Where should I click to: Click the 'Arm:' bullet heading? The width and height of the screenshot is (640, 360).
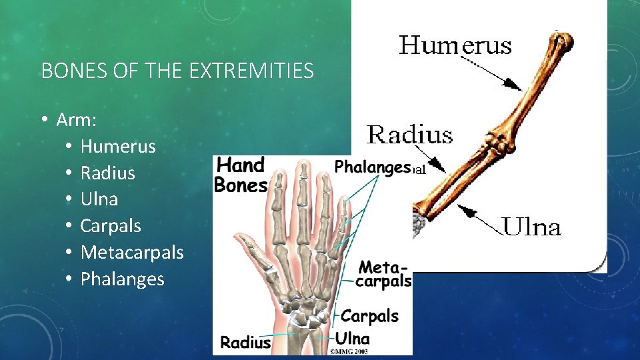pyautogui.click(x=77, y=120)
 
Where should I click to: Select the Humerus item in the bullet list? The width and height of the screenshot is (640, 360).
pyautogui.click(x=117, y=146)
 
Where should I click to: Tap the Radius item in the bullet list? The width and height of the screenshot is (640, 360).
pyautogui.click(x=107, y=173)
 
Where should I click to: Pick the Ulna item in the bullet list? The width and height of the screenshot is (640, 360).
pyautogui.click(x=99, y=199)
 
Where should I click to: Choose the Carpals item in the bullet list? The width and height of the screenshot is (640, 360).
pyautogui.click(x=111, y=225)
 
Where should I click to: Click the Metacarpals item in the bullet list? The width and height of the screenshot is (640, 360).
pyautogui.click(x=131, y=252)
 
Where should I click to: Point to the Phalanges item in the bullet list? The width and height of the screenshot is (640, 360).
pyautogui.click(x=122, y=279)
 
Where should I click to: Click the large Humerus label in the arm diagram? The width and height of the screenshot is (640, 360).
pyautogui.click(x=455, y=46)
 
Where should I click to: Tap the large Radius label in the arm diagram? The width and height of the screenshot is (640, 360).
pyautogui.click(x=409, y=135)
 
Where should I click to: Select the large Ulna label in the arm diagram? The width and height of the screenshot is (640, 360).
pyautogui.click(x=531, y=227)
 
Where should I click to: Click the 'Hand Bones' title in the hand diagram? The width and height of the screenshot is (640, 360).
pyautogui.click(x=240, y=174)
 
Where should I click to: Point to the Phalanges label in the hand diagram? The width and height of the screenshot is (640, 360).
pyautogui.click(x=371, y=167)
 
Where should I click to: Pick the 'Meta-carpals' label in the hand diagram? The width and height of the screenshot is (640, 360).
pyautogui.click(x=385, y=274)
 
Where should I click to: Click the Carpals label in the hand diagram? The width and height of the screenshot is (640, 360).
pyautogui.click(x=369, y=315)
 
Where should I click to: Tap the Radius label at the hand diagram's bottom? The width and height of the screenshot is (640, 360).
pyautogui.click(x=245, y=343)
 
